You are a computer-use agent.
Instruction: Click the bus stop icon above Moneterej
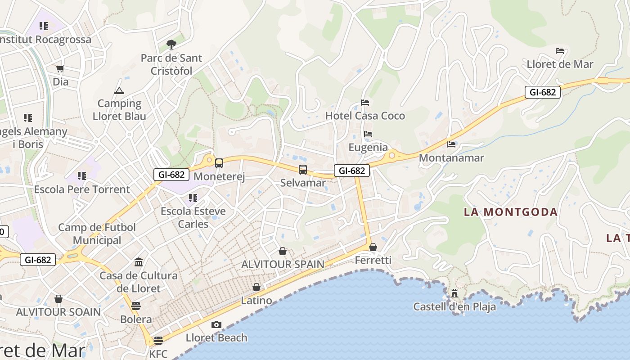point(219,163)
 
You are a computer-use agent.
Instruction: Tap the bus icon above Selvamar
point(303,170)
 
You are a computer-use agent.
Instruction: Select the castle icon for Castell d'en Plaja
point(454,294)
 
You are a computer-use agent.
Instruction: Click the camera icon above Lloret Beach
point(216,324)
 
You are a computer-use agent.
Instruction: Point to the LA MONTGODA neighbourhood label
point(511,212)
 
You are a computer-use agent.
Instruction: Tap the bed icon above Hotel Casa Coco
point(365,103)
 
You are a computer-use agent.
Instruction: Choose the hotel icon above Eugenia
point(368,134)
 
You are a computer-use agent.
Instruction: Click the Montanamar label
point(451,158)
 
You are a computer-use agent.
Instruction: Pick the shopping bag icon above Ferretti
point(373,247)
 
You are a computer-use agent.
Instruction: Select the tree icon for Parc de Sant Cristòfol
point(171,44)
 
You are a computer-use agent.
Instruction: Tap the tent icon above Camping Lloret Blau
point(119,90)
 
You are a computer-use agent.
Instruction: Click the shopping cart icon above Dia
point(60,69)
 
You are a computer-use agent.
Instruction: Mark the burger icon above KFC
point(158,341)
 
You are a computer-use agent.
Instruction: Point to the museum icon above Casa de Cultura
point(139,262)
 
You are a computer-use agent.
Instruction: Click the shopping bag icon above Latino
point(256,287)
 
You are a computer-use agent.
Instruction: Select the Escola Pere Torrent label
point(82,189)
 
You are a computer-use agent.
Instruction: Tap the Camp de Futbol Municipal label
point(97,234)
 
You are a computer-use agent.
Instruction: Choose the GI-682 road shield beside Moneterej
point(171,175)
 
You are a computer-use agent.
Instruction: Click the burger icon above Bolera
point(136,306)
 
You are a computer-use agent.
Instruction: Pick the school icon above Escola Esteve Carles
point(193,198)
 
